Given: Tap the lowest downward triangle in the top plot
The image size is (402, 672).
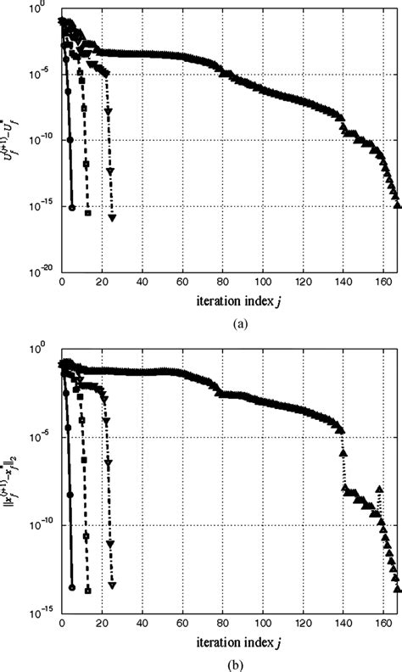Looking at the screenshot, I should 112,218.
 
